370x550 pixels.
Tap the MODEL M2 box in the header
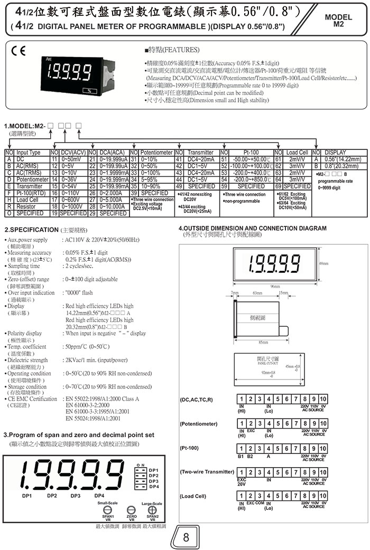[341, 21]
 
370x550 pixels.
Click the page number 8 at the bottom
[186, 537]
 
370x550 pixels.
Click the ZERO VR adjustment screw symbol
[132, 511]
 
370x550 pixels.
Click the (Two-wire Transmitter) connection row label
[207, 471]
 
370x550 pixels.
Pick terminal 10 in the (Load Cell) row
[323, 496]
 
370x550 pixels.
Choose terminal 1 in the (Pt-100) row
[240, 448]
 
